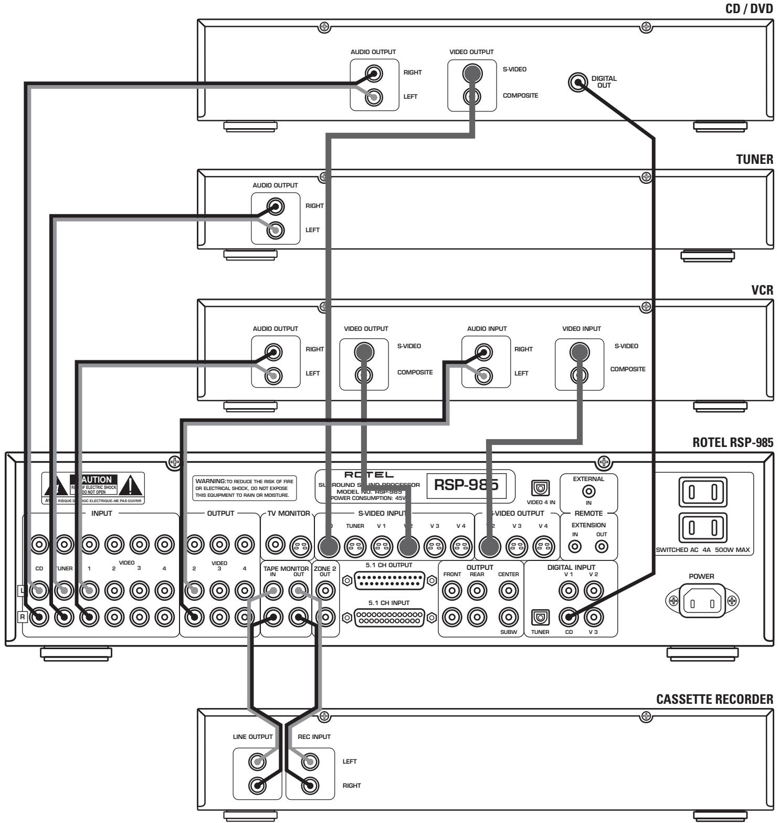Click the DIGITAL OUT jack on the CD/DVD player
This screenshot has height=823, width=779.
[578, 82]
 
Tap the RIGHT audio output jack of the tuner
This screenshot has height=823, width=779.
[275, 206]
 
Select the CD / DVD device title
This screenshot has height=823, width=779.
[749, 7]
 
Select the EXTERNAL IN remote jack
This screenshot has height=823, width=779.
[588, 492]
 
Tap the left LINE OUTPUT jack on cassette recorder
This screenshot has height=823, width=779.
[257, 761]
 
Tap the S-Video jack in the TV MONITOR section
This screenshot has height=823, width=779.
[299, 546]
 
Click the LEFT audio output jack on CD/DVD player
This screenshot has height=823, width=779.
[374, 97]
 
